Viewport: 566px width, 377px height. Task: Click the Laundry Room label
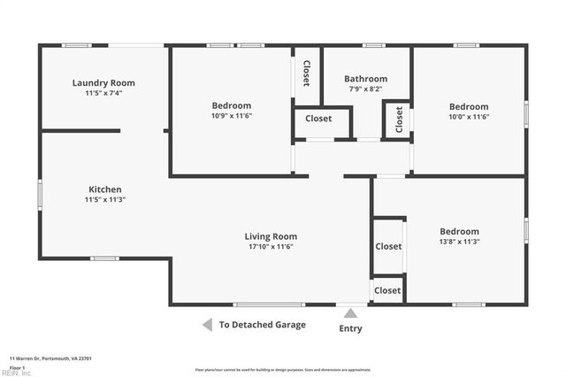click(x=103, y=83)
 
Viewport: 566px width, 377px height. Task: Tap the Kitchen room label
click(x=104, y=189)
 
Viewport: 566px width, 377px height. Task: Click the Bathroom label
click(x=365, y=79)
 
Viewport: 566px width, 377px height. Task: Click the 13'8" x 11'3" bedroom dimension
click(x=459, y=242)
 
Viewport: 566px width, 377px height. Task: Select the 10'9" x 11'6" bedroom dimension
click(x=231, y=116)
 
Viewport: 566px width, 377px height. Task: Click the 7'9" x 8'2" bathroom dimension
click(x=365, y=89)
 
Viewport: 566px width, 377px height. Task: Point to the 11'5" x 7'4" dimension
click(x=103, y=94)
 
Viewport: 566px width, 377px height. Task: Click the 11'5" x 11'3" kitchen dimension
click(x=104, y=200)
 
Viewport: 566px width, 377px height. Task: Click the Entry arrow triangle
click(x=350, y=313)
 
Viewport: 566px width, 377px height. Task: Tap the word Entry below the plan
click(x=350, y=328)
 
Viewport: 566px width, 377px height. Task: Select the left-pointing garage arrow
click(x=207, y=325)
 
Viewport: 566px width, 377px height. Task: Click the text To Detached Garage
click(x=263, y=325)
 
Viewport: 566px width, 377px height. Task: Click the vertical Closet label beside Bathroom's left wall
click(x=306, y=73)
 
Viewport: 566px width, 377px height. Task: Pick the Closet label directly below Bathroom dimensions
click(x=318, y=119)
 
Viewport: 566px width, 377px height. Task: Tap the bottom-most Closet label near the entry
click(x=387, y=290)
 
